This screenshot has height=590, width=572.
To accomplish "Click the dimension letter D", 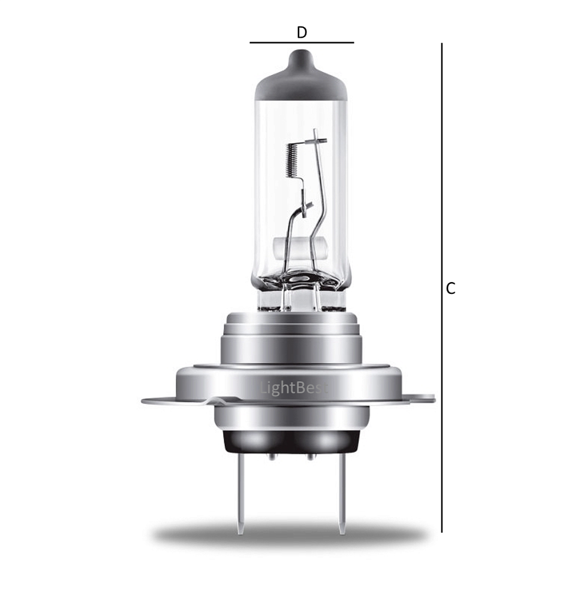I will pos(302,32).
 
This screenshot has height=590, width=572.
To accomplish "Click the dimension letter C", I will pos(450,289).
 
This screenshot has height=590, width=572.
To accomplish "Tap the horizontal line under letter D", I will pos(302,42).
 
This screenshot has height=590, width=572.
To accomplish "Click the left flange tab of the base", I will pos(165,401).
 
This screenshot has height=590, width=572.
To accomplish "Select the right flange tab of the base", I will pos(420,399).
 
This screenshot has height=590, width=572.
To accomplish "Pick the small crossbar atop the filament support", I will pos(319,140).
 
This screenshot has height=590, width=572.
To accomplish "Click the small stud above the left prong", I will pos(271,456).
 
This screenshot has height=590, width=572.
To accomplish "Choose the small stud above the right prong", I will pos(309,456).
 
